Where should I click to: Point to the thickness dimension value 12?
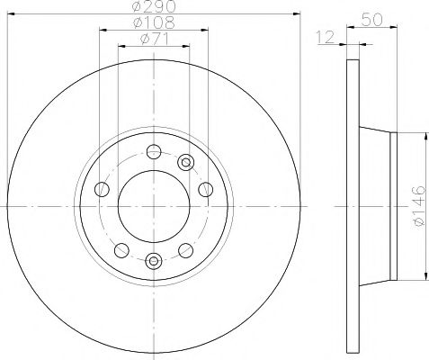pos(326,38)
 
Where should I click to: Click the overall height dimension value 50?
pos(370,17)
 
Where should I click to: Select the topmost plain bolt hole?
pos(153,150)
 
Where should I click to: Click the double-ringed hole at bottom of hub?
pos(153,262)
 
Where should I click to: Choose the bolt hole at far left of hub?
pos(101,189)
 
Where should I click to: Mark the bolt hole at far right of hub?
pos(205,189)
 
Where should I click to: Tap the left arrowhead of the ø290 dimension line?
pos(11,15)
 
